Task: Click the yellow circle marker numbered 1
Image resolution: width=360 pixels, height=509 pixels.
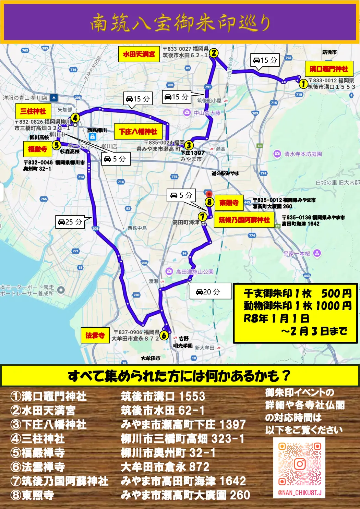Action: click(x=303, y=83)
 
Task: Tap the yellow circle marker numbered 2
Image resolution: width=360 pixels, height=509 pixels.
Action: click(x=214, y=53)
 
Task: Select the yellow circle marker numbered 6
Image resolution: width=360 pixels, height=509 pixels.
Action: click(x=164, y=335)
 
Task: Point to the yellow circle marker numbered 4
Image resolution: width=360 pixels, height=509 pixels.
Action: click(x=75, y=118)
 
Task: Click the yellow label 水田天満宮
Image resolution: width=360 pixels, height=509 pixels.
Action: click(x=139, y=54)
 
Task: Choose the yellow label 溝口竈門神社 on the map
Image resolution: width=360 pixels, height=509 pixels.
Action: click(x=328, y=69)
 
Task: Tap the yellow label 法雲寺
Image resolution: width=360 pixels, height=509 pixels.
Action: click(x=95, y=335)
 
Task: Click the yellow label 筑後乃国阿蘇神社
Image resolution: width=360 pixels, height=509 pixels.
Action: click(x=244, y=220)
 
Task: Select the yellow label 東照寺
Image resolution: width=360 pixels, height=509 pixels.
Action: click(x=229, y=203)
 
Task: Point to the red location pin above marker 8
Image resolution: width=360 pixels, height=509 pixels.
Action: click(x=209, y=194)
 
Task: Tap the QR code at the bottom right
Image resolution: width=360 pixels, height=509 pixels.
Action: click(x=299, y=464)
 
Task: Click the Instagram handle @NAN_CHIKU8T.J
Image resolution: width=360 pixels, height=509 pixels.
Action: click(x=300, y=493)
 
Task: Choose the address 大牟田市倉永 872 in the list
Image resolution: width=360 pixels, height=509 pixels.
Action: click(x=165, y=467)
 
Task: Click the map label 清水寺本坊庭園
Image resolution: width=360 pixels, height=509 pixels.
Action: click(x=303, y=154)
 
